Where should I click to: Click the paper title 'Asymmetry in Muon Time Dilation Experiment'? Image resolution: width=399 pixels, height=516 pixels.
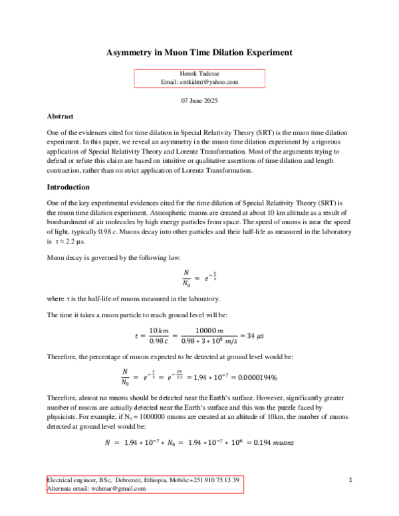(x=199, y=52)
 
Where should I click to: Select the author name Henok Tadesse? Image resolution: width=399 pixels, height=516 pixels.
(x=199, y=74)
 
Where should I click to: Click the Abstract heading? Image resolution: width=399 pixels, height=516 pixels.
(x=61, y=116)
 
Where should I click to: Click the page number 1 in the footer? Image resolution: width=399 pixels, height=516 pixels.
(x=350, y=480)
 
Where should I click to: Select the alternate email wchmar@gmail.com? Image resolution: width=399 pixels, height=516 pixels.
(x=121, y=489)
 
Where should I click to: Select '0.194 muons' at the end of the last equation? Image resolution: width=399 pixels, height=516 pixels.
(x=278, y=442)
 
